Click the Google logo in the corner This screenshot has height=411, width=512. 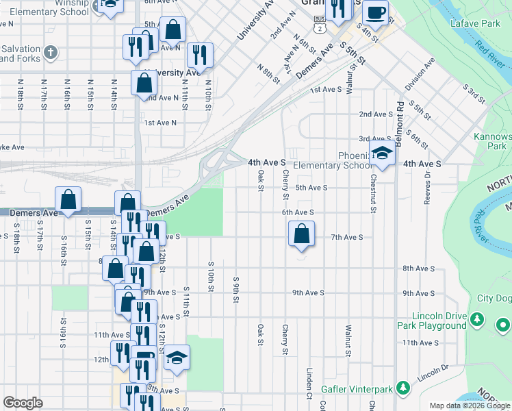(23, 403)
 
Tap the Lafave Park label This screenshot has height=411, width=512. (475, 24)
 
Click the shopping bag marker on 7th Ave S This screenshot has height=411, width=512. (301, 235)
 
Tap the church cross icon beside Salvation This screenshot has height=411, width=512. (51, 52)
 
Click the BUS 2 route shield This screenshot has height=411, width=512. (320, 26)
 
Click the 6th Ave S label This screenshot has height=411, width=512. (298, 213)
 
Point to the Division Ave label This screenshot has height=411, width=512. (419, 75)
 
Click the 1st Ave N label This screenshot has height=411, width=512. (159, 123)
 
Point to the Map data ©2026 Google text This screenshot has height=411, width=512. (470, 406)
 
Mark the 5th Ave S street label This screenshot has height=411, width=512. (311, 188)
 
